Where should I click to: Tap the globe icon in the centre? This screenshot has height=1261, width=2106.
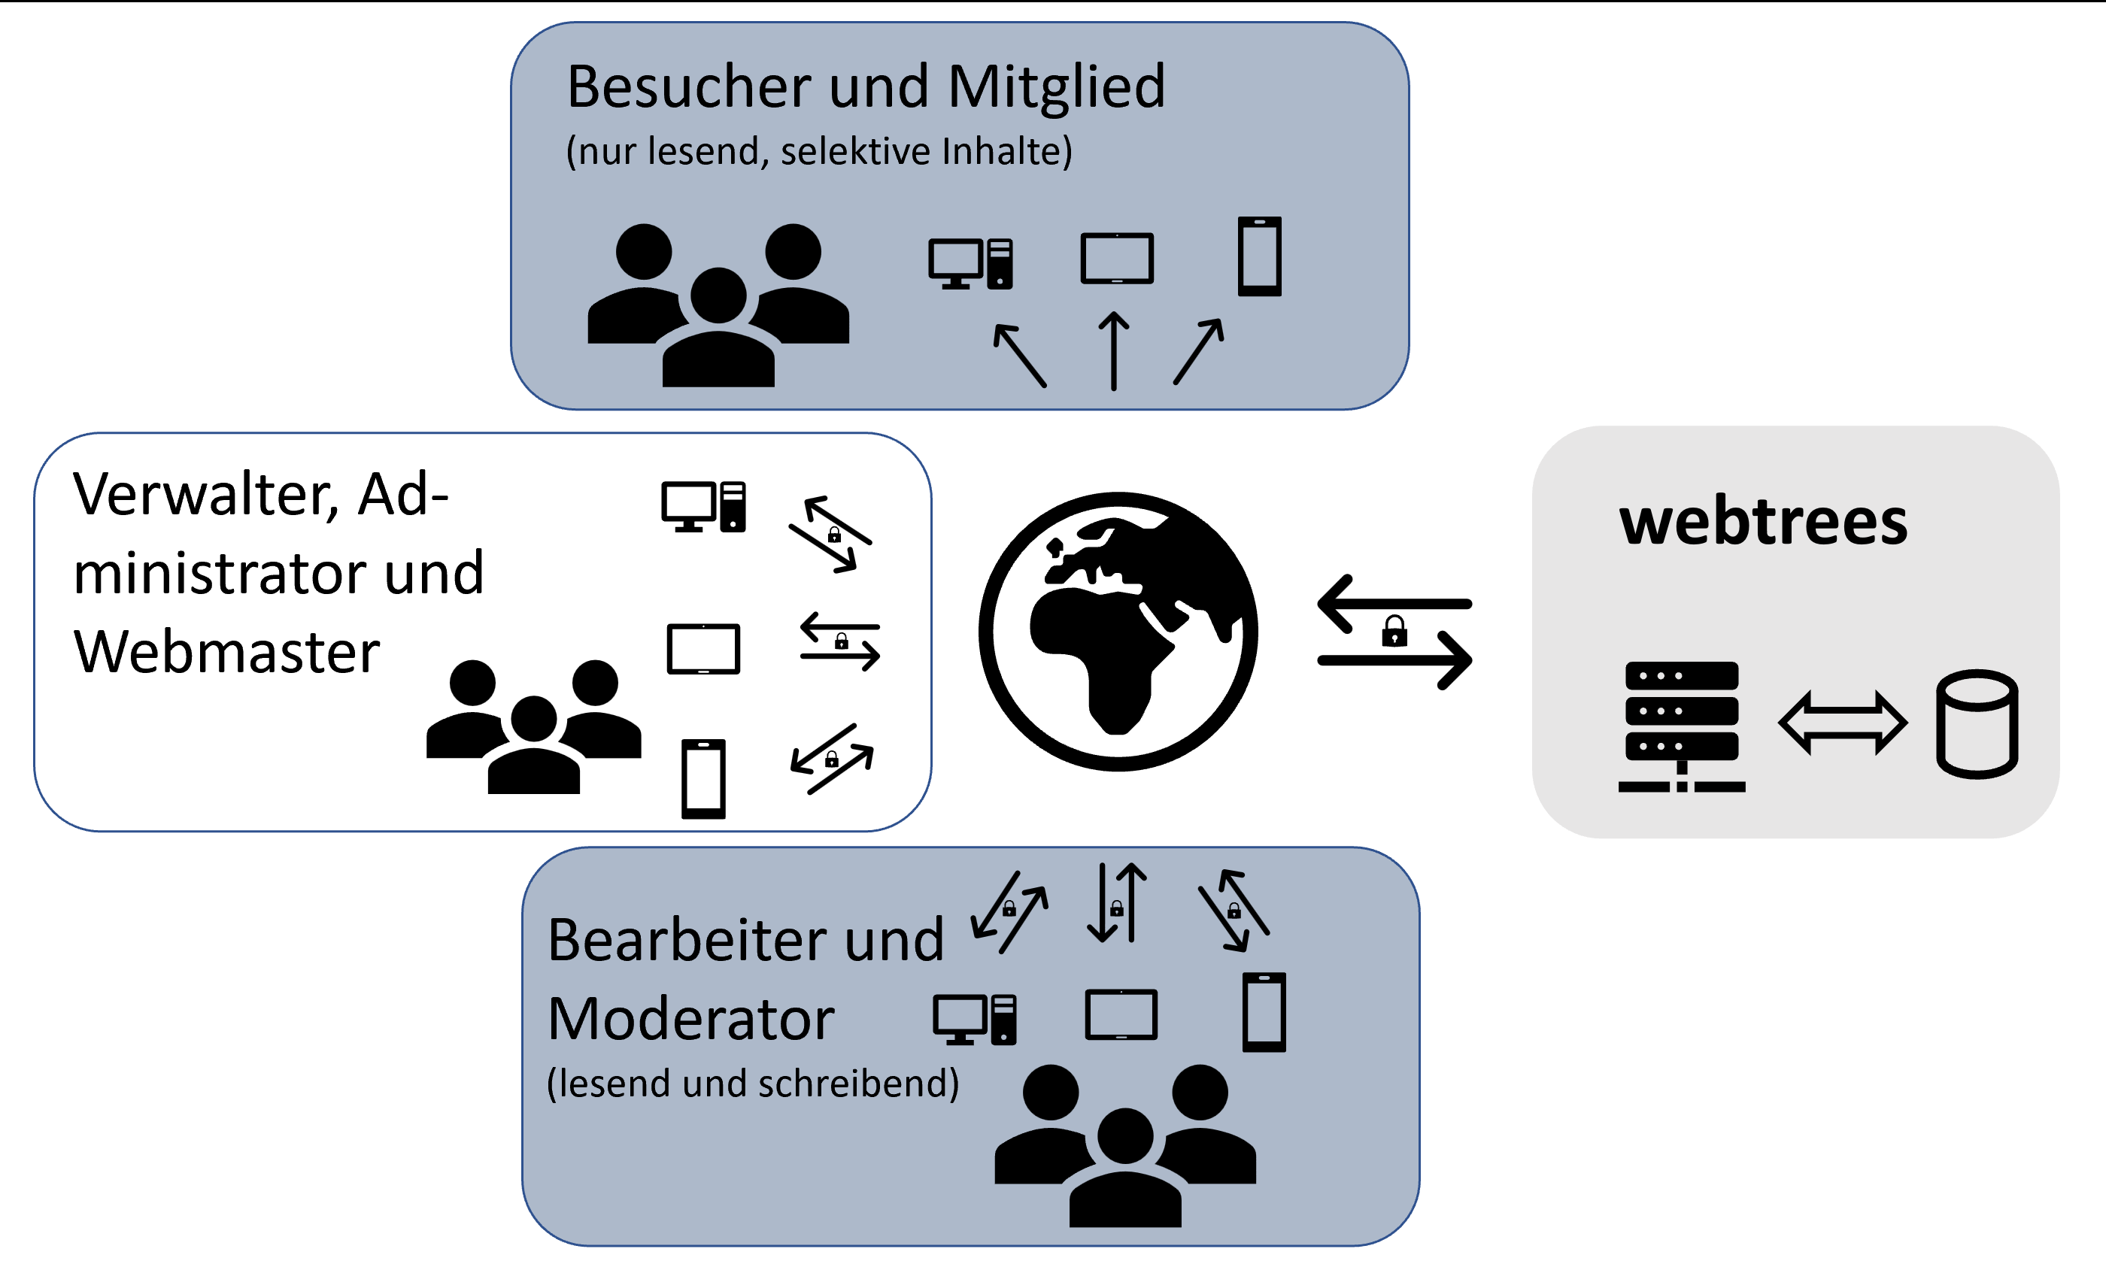click(x=1118, y=632)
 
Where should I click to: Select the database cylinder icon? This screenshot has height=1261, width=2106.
click(x=1977, y=724)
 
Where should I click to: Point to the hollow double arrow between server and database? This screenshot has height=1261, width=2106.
click(x=1843, y=723)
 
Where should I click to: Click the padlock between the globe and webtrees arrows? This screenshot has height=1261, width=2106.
click(x=1394, y=632)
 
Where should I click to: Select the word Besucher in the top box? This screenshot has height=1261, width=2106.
click(x=688, y=86)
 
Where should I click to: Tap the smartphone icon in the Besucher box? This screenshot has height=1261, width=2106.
click(x=1260, y=256)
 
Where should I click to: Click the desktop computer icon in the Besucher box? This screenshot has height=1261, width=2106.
click(x=970, y=263)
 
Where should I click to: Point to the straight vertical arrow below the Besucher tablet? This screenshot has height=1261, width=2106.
click(x=1113, y=350)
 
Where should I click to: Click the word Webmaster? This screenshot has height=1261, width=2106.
click(x=226, y=652)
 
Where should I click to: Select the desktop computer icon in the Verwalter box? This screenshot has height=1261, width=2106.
click(x=704, y=508)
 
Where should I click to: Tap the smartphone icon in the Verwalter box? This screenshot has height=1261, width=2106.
click(x=704, y=778)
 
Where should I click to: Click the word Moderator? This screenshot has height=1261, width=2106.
click(x=691, y=1019)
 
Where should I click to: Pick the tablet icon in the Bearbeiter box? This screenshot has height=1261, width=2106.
click(x=1121, y=1014)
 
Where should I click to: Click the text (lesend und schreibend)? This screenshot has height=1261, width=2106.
click(x=753, y=1084)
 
